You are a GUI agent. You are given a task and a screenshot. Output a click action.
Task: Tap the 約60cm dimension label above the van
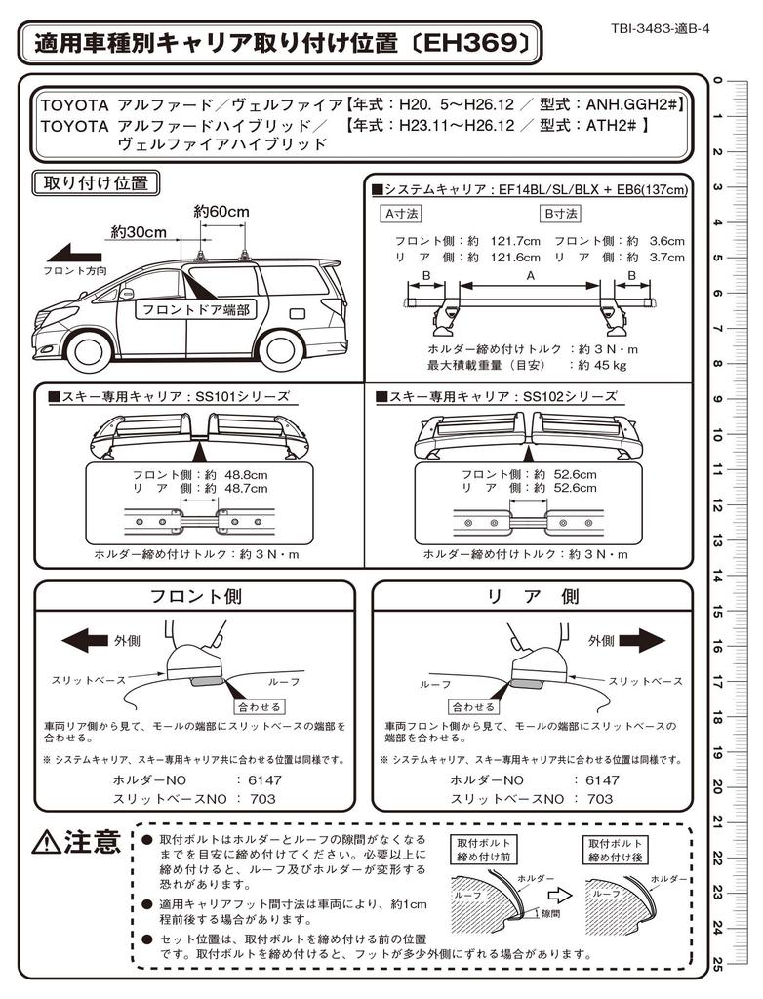tap(221, 212)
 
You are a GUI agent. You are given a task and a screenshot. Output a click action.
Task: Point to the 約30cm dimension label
tap(138, 232)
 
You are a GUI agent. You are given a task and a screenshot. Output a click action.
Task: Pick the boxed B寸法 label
tap(560, 213)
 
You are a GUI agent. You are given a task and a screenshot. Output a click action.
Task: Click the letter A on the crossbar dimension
tap(530, 277)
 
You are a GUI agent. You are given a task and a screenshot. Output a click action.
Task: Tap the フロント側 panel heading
tap(195, 596)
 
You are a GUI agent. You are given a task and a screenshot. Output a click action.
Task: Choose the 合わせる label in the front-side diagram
tap(259, 706)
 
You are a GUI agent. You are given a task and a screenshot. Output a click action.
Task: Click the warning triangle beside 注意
tap(46, 843)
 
